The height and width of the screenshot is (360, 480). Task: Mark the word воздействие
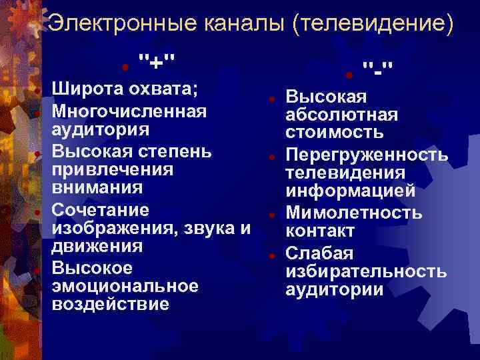(110, 305)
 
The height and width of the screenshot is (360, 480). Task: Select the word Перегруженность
(367, 155)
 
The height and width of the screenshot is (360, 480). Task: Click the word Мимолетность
(354, 213)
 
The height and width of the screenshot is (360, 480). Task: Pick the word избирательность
(366, 271)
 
